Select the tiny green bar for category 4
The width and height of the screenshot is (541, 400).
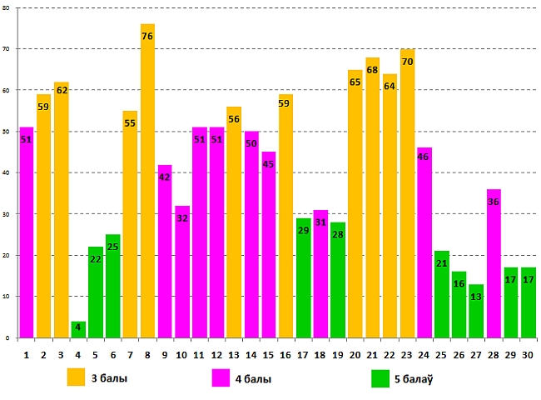coord(78,329)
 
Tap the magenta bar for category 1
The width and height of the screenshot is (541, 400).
coord(27,232)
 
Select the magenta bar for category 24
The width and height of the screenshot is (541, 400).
coord(424,242)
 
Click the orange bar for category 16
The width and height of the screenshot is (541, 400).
coord(286,216)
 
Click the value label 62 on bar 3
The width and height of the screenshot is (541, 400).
coord(62,89)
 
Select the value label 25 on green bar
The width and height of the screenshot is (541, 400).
coord(113,246)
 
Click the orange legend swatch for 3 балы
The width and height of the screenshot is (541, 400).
coord(77,377)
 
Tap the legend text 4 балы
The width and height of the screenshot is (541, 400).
coord(253,379)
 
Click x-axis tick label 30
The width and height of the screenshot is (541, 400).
coord(529,355)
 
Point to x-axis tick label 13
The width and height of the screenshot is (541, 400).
coord(234,355)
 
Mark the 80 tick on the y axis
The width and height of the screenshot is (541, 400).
coord(7,8)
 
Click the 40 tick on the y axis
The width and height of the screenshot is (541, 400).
coord(7,173)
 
